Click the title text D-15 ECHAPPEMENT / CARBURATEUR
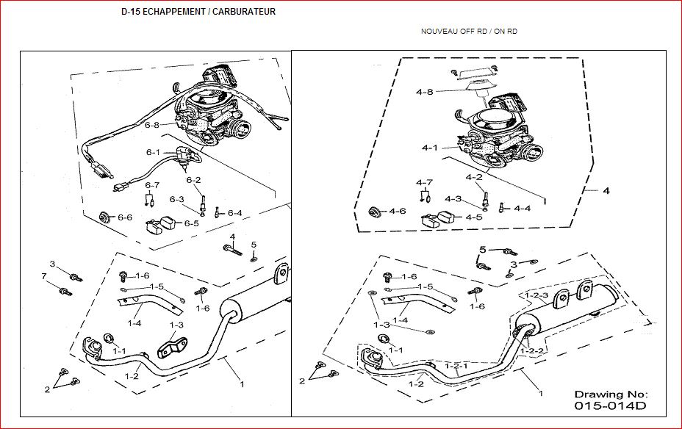pos(198,12)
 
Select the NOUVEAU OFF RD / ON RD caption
pos(469,32)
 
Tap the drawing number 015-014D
pos(610,406)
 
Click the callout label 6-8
pos(152,125)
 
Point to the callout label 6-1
pos(153,152)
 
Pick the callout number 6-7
pos(152,185)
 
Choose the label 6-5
pos(191,223)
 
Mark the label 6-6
pos(125,217)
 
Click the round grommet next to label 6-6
pos(104,217)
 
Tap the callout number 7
pos(44,276)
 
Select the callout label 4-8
pos(425,92)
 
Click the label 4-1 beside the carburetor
pos(430,148)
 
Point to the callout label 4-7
pos(424,182)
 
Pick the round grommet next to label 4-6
pos(374,212)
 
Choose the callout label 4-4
pos(523,208)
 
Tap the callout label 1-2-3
pos(536,295)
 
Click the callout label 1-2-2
pos(532,350)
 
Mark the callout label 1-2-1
pos(456,366)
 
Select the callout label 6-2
pos(193,180)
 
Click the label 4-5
pos(474,217)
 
